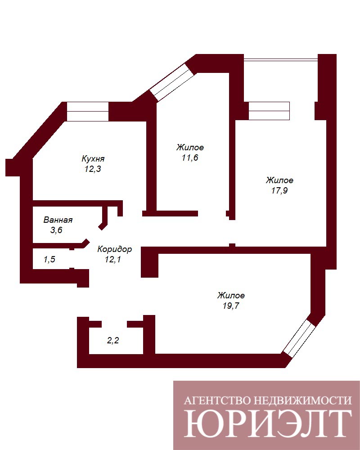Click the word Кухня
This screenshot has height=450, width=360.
[x=93, y=158]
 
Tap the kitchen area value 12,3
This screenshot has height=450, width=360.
[x=93, y=169]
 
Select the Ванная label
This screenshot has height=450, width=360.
[x=58, y=220]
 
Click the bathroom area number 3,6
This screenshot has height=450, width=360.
[x=56, y=230]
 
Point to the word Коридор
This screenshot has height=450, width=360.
[x=114, y=249]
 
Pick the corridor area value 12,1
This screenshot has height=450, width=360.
[x=113, y=260]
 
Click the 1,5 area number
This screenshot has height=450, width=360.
[x=49, y=260]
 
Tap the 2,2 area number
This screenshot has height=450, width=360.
[x=113, y=341]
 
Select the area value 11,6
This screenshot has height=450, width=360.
[x=190, y=157]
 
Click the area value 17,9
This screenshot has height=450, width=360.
[x=279, y=190]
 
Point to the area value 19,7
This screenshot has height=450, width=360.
[x=231, y=306]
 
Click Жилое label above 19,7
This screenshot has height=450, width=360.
[x=231, y=295]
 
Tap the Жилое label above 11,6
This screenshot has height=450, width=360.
[x=190, y=147]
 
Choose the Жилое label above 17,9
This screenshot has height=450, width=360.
[x=279, y=180]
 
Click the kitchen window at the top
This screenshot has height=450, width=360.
[x=88, y=111]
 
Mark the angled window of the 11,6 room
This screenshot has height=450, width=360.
[x=172, y=82]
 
